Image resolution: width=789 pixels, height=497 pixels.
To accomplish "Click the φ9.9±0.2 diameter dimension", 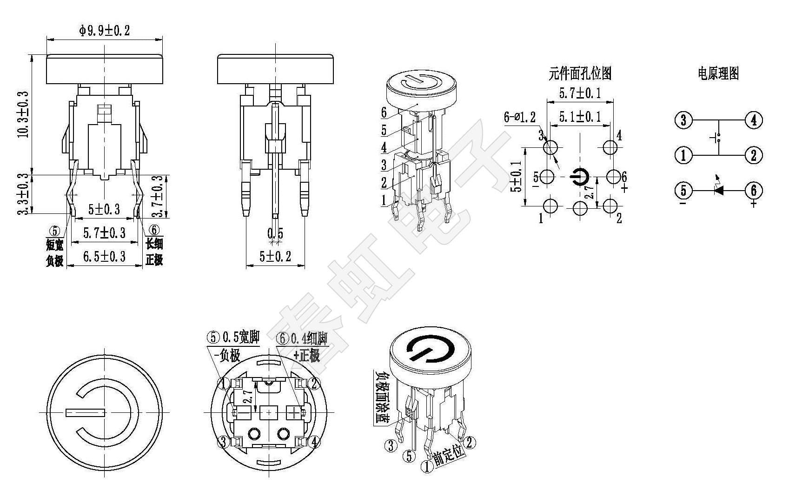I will [105, 31].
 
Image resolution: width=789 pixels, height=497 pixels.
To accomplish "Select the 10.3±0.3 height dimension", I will [24, 114].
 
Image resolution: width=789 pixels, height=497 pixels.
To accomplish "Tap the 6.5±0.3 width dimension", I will [104, 257].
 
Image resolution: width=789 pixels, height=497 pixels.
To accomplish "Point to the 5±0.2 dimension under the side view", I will [275, 257].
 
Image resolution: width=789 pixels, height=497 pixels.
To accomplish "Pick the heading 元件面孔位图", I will [580, 73].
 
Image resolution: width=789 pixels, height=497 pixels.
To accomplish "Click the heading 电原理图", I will [718, 73].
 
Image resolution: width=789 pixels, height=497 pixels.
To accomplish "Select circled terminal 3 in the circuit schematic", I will [683, 120].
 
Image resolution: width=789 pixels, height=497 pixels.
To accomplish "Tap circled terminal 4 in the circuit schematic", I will [754, 120].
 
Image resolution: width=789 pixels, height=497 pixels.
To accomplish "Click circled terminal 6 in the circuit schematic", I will [754, 190].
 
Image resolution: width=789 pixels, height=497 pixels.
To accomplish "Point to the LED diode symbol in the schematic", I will [719, 189].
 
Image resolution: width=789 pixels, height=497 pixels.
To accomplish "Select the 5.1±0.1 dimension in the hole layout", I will [580, 116].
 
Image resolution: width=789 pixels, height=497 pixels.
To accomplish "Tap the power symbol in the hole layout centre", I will [580, 177].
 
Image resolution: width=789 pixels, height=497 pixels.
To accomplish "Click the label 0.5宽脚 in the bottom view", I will [241, 337].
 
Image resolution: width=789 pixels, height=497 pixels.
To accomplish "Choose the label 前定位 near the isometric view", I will [449, 454].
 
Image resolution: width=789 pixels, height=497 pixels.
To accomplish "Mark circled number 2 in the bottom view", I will [315, 384].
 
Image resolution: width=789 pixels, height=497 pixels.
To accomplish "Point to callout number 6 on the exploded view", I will [384, 113].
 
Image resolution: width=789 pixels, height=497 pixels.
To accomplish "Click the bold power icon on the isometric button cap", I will [429, 349].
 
